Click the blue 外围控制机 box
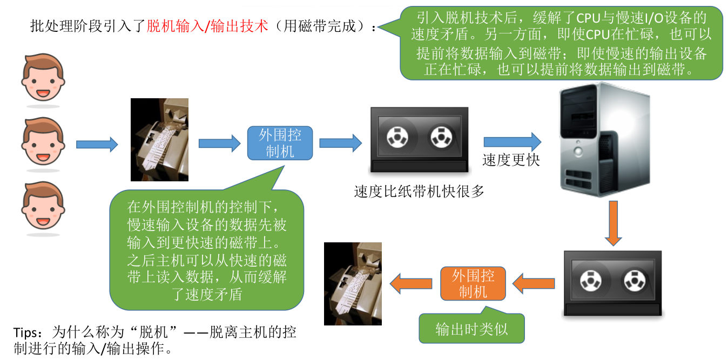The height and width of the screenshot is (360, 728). (x=280, y=143)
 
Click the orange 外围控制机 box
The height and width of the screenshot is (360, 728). (x=473, y=284)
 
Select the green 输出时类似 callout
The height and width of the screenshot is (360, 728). (x=471, y=328)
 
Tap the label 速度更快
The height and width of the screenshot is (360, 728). (x=511, y=160)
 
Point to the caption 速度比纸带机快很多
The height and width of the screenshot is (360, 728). (x=419, y=192)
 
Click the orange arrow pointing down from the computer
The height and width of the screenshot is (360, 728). (x=614, y=223)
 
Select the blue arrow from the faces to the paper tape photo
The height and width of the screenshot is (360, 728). (x=97, y=144)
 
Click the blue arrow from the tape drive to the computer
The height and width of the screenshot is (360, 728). (x=513, y=141)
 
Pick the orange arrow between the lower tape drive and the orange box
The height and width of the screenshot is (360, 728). (x=534, y=283)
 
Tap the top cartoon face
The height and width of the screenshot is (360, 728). (x=43, y=77)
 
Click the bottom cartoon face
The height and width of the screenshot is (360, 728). (x=43, y=205)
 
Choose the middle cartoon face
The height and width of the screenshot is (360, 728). (x=43, y=141)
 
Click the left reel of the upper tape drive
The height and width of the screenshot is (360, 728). (x=397, y=137)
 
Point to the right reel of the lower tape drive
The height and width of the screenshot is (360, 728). (x=635, y=281)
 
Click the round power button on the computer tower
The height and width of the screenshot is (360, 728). (x=578, y=151)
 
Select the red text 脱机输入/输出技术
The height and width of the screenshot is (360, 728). (x=207, y=26)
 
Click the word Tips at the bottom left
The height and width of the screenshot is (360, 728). (x=25, y=332)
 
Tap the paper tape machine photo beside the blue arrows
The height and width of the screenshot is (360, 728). (x=159, y=140)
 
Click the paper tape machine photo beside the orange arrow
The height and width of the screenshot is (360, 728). (x=353, y=284)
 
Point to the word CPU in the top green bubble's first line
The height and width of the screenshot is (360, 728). (x=588, y=18)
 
